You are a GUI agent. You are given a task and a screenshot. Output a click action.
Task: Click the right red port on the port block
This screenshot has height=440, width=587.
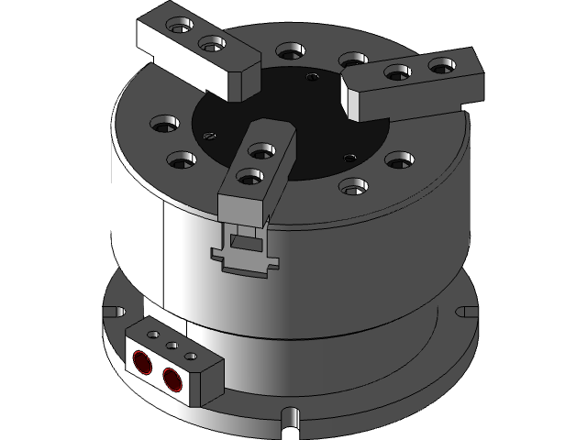click(x=171, y=375)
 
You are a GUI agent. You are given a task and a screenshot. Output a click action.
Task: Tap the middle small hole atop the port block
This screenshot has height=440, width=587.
click(x=172, y=346)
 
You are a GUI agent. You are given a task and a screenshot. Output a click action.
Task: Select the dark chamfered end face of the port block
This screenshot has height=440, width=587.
click(x=211, y=380)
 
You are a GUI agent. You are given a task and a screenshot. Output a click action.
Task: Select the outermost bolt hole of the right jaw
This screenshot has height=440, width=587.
click(x=441, y=65)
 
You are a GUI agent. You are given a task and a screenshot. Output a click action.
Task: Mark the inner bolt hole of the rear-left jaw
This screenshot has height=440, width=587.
click(x=211, y=43)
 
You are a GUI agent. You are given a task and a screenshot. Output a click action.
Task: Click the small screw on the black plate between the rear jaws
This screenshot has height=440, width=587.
click(x=312, y=78)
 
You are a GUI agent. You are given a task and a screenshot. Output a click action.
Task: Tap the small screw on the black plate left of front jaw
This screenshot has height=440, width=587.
click(x=209, y=137)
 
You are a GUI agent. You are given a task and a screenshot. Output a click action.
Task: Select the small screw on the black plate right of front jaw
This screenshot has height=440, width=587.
click(x=348, y=158)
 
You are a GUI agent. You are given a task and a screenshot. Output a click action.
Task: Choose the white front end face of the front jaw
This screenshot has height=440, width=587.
click(x=242, y=207)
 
